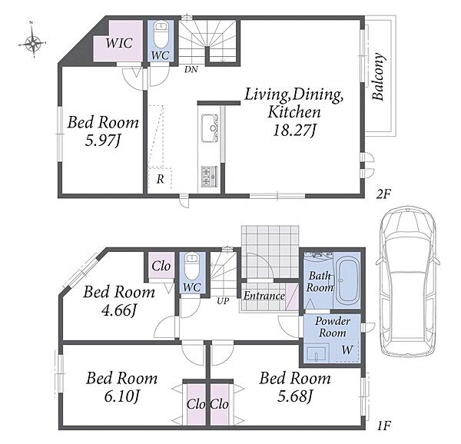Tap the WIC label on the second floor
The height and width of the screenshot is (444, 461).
(119, 43)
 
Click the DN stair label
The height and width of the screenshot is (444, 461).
(191, 70)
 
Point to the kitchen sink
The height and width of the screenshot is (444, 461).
(210, 128)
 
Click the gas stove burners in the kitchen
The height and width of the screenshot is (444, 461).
(210, 177)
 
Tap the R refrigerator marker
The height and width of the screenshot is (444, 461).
(160, 179)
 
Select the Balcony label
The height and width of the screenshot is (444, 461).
(378, 77)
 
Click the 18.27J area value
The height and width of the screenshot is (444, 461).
(294, 130)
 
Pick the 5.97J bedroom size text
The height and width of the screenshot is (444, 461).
(103, 141)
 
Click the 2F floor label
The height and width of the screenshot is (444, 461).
(383, 194)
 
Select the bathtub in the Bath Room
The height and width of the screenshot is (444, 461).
(347, 280)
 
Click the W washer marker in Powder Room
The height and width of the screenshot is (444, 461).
(347, 350)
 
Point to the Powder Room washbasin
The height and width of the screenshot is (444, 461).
(316, 354)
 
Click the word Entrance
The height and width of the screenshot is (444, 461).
(264, 296)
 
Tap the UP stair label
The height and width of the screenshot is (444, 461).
(223, 301)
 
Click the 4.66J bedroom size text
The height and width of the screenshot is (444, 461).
(119, 310)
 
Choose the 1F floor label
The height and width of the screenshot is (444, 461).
(383, 426)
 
